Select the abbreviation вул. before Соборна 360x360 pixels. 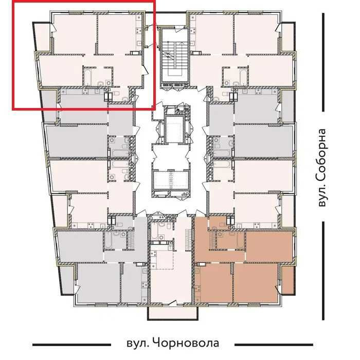(x=322, y=196)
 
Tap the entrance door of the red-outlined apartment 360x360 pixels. (x=146, y=77)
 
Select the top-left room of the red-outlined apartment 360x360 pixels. (x=75, y=33)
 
